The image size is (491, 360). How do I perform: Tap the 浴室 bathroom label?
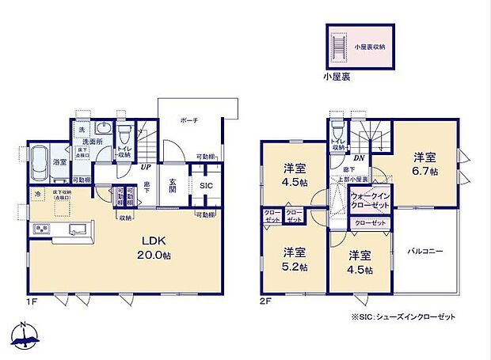tap(59, 162)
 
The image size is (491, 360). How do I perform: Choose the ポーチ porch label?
tap(189, 120)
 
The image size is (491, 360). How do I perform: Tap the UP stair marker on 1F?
tap(147, 167)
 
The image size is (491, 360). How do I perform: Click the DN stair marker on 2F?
tap(359, 158)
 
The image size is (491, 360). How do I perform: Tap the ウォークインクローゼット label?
tap(369, 201)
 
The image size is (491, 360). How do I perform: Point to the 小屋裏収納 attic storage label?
tap(369, 47)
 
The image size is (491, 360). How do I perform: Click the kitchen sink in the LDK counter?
tap(76, 229)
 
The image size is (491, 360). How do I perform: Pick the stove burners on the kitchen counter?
tap(42, 229)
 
